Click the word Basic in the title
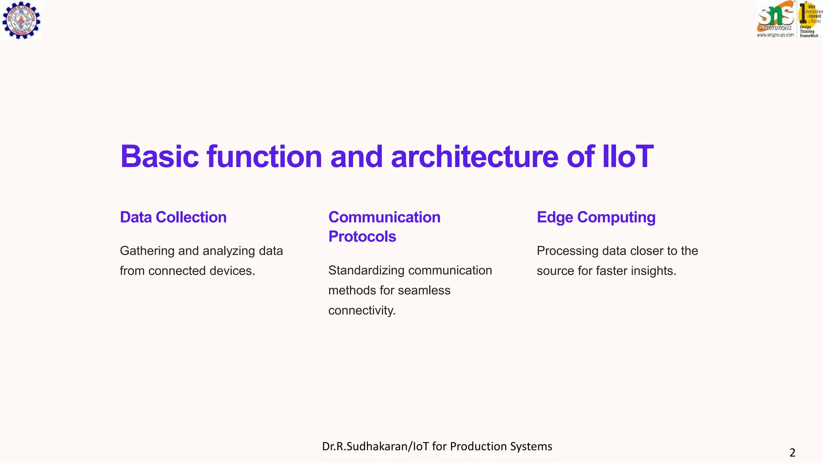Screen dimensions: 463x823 [159, 156]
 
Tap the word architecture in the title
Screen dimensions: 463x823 [474, 156]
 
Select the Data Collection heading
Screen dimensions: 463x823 [173, 217]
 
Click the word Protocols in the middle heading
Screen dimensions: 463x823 [362, 237]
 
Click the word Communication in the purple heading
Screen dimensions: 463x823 [384, 217]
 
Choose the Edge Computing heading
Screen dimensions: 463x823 [596, 217]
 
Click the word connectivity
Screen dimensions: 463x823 [361, 310]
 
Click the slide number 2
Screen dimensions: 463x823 [792, 453]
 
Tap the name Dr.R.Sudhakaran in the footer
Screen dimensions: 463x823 [364, 447]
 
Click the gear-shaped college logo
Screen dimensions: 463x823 [21, 20]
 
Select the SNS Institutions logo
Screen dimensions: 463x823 [776, 19]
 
